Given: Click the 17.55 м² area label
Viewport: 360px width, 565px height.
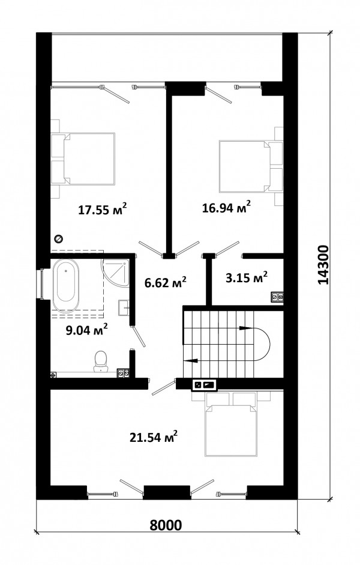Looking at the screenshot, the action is (x=103, y=209).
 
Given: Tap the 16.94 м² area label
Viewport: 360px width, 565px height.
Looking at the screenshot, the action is (x=226, y=207).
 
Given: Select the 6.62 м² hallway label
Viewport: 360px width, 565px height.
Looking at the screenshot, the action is (x=165, y=282).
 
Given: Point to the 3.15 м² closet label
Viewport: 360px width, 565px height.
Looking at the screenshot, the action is (x=246, y=277).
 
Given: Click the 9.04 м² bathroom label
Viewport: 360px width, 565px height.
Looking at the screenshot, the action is (x=87, y=330).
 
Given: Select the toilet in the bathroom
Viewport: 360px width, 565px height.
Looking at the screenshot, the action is (x=100, y=361).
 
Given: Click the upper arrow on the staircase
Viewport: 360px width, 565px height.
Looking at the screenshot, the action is (x=245, y=328).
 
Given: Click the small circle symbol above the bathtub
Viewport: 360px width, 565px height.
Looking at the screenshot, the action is (x=58, y=238).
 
